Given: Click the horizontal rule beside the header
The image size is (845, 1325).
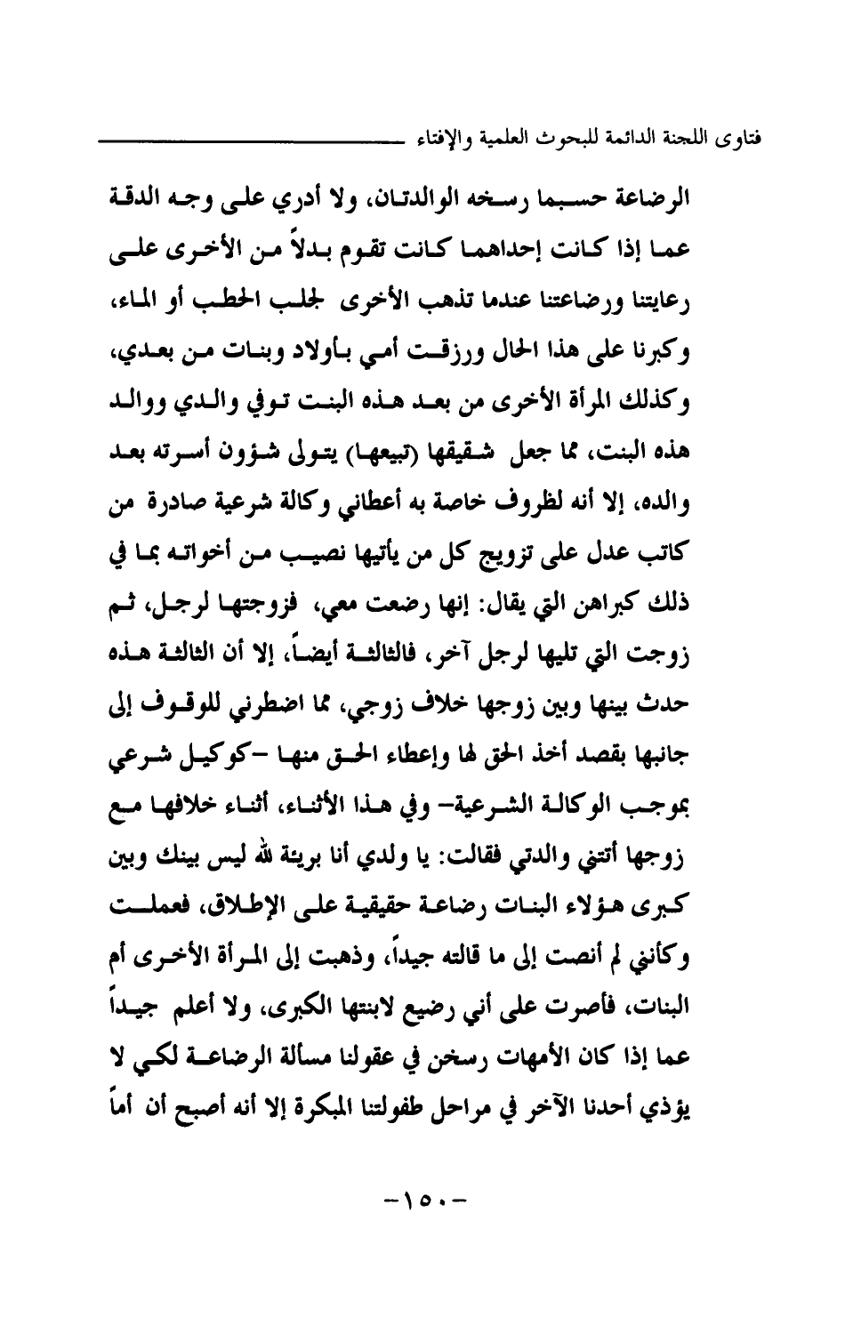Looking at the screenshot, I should (253, 140).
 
